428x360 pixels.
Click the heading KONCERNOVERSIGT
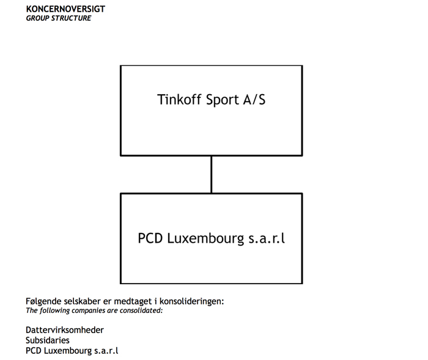point(65,9)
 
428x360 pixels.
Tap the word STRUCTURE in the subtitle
point(72,18)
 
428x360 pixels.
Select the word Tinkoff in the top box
point(179,100)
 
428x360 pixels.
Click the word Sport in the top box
point(223,100)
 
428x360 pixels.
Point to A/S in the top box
point(254,100)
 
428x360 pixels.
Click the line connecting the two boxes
point(212,174)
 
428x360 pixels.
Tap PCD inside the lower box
point(150,238)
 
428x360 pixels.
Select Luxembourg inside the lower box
point(205,238)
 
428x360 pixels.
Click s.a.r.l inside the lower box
point(267,238)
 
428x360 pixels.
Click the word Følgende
point(43,301)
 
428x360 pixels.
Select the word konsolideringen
point(191,301)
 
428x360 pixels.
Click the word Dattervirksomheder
point(65,330)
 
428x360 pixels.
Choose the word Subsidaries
point(48,340)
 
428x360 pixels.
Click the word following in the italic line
point(54,310)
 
